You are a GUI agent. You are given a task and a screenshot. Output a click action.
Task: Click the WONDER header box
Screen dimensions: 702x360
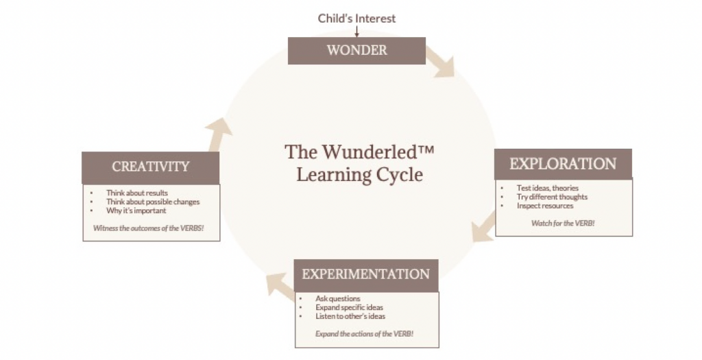pyautogui.click(x=356, y=51)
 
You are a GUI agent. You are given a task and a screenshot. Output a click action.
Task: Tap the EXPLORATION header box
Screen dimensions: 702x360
pyautogui.click(x=563, y=164)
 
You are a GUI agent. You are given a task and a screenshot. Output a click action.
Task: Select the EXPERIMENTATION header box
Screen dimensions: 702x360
pyautogui.click(x=366, y=275)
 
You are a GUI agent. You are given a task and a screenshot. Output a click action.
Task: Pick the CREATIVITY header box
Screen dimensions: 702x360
pyautogui.click(x=150, y=167)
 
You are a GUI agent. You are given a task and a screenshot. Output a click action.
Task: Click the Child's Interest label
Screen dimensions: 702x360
pyautogui.click(x=356, y=19)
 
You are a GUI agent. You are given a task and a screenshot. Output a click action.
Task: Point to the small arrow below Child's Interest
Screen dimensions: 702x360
pyautogui.click(x=356, y=32)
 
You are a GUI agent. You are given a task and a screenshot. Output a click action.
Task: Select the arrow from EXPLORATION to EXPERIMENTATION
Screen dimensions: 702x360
pyautogui.click(x=485, y=227)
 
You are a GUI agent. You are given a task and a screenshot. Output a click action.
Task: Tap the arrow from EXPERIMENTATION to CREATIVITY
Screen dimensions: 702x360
pyautogui.click(x=280, y=286)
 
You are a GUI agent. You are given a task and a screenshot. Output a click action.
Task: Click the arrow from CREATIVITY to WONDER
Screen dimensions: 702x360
pyautogui.click(x=218, y=134)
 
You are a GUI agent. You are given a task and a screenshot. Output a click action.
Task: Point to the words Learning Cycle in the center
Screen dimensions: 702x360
pyautogui.click(x=359, y=175)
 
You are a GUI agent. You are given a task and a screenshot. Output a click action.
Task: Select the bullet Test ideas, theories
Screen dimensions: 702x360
pyautogui.click(x=547, y=188)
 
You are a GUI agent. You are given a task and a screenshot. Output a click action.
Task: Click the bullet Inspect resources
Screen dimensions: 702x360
pyautogui.click(x=545, y=206)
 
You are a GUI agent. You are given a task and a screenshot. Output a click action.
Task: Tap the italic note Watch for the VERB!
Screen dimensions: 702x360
pyautogui.click(x=563, y=223)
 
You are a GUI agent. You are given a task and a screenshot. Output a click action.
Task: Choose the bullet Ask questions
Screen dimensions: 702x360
pyautogui.click(x=337, y=299)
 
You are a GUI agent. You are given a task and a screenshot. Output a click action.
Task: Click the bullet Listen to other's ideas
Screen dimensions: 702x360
pyautogui.click(x=350, y=316)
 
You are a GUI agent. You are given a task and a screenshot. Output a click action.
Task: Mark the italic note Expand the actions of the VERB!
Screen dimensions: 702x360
pyautogui.click(x=365, y=334)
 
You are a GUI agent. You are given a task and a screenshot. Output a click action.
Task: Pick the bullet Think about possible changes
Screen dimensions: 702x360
pyautogui.click(x=153, y=202)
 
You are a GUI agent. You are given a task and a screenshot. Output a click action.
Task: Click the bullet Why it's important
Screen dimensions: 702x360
pyautogui.click(x=136, y=211)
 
